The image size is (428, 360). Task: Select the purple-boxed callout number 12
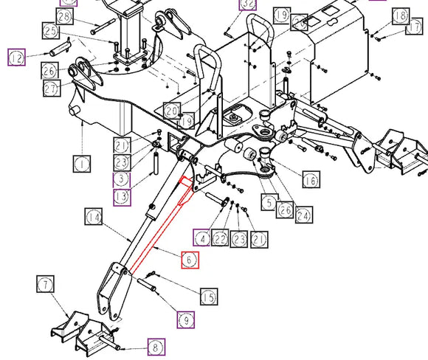[17, 56]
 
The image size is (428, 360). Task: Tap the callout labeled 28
[64, 16]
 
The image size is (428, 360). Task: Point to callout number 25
[51, 31]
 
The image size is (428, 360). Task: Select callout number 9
[184, 320]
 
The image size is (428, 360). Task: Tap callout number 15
[209, 296]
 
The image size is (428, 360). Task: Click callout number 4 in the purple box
[201, 238]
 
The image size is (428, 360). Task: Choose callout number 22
[220, 238]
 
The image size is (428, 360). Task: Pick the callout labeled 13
[122, 196]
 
